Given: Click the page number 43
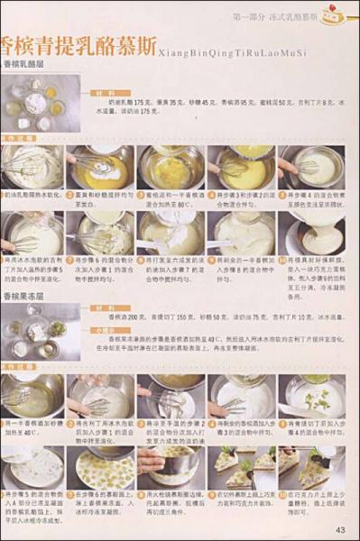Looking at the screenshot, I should point(339,528).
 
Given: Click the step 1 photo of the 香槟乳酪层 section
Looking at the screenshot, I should point(32,166).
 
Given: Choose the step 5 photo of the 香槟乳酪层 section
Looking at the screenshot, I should point(313,166).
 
